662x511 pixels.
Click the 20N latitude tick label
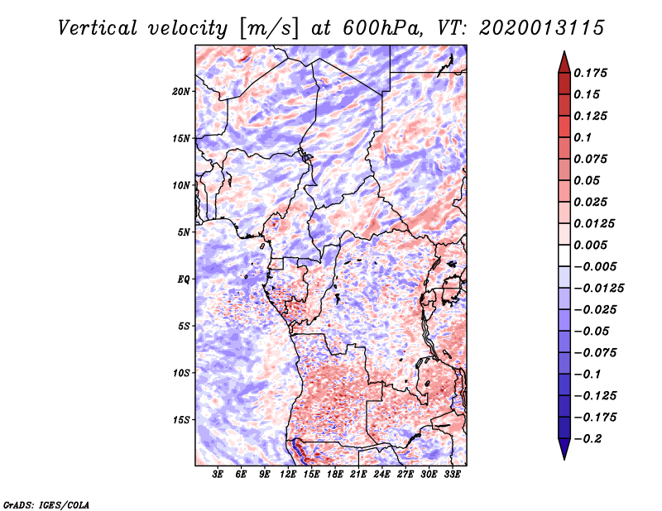182,91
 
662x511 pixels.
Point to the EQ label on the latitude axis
184,279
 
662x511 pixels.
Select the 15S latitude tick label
182,420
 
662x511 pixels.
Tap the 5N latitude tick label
185,232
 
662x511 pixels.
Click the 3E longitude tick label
218,475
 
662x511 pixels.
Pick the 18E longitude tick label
335,475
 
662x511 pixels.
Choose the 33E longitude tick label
452,475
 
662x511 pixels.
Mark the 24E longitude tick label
381,475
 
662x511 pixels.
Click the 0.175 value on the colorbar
592,73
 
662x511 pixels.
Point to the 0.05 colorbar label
588,180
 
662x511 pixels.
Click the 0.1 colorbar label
585,137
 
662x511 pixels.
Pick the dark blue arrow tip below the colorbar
563,453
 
